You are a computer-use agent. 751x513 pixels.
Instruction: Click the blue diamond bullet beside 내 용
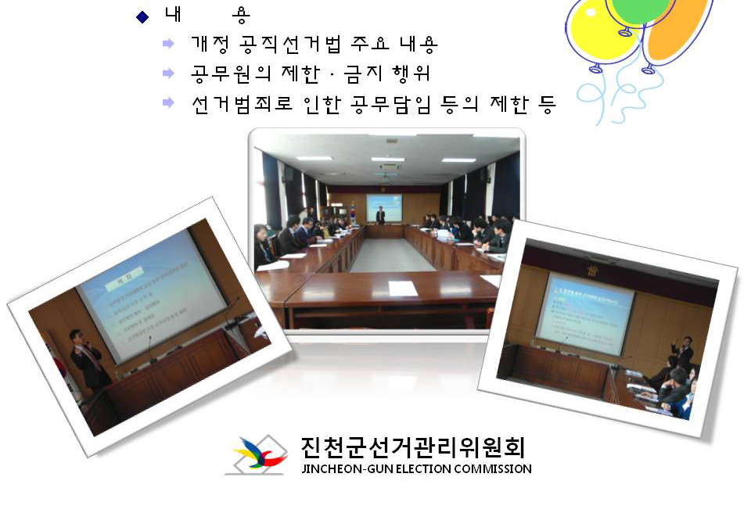coord(142,17)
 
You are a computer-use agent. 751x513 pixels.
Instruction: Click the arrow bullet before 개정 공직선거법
coord(168,44)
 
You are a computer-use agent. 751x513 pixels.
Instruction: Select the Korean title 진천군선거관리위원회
coord(413,447)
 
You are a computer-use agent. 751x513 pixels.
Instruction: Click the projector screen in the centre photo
coord(384,207)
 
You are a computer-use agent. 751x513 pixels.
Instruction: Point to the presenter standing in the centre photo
coord(380,216)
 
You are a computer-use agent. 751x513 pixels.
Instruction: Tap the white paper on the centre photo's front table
coord(403,288)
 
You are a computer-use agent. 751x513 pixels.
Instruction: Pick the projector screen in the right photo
coord(585,313)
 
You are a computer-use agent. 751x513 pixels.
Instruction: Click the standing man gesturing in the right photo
coord(685,353)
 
